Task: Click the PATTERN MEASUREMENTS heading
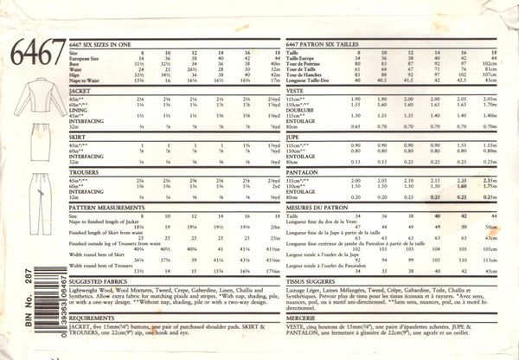[107, 234]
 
